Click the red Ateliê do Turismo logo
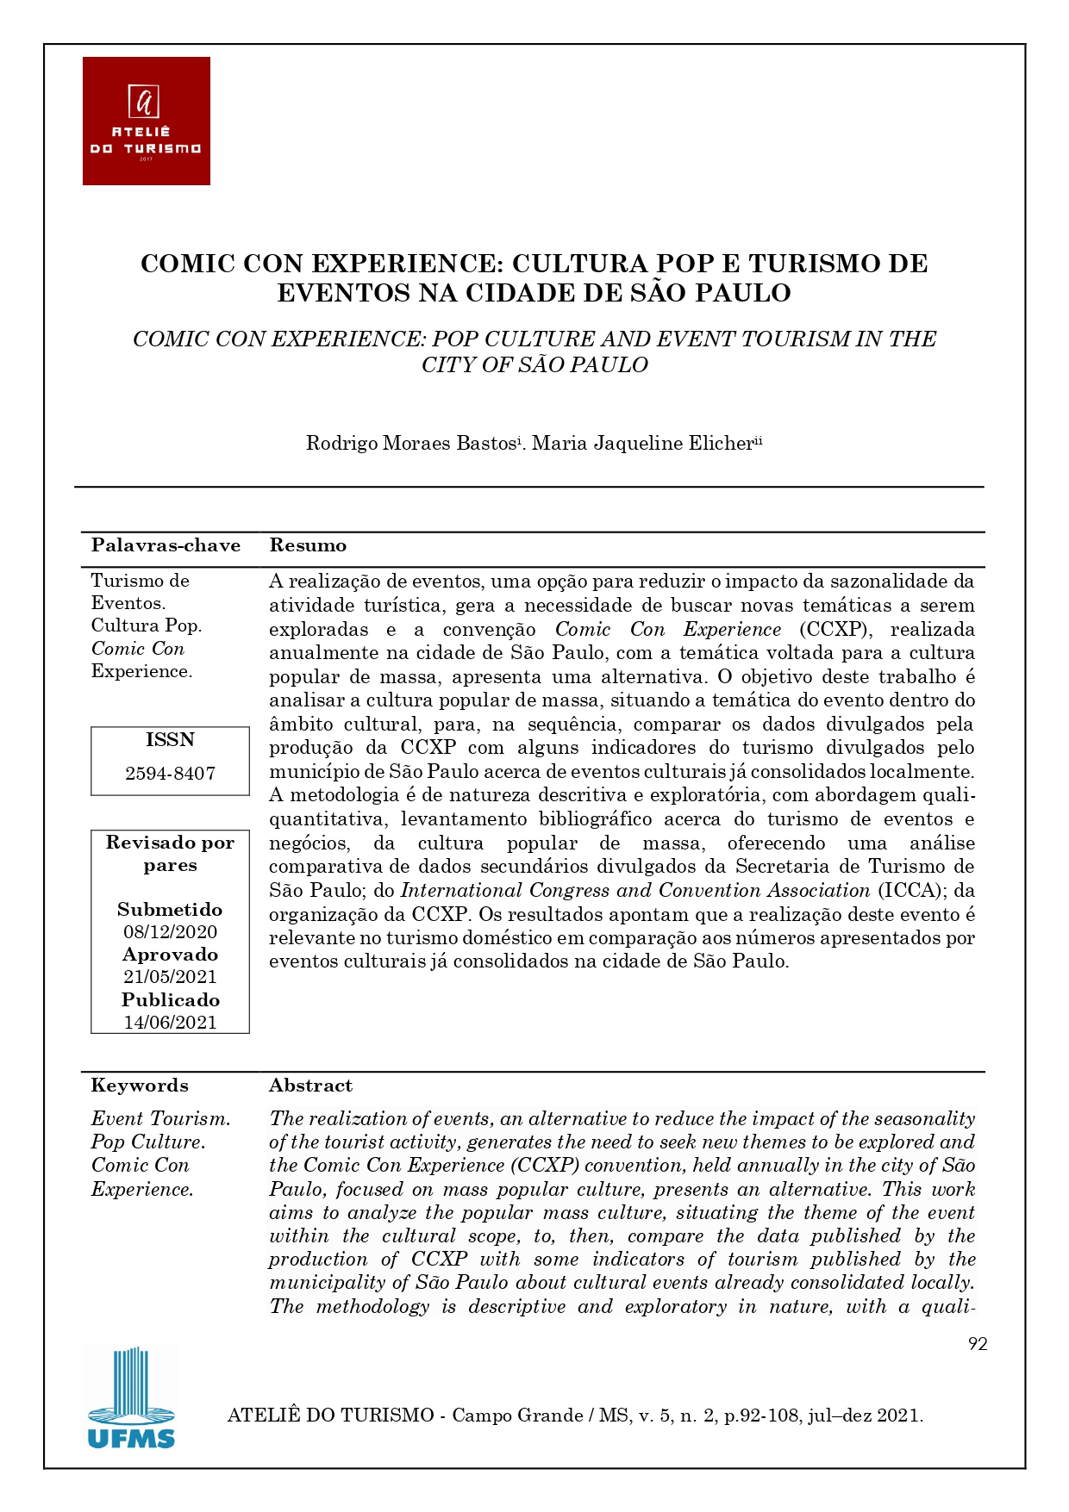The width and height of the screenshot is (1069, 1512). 147,121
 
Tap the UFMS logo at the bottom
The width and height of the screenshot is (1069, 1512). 131,1397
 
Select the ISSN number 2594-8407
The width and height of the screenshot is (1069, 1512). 170,773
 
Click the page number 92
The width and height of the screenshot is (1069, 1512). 978,1344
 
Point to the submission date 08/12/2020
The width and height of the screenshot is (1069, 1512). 170,931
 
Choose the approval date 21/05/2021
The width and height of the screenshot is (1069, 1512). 170,976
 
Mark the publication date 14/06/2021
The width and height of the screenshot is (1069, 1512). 170,1022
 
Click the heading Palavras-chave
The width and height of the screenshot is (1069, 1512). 166,544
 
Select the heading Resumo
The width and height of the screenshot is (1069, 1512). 308,544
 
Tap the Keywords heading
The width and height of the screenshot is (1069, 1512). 140,1085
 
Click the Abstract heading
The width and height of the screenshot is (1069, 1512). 310,1085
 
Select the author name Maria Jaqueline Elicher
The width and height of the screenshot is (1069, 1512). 643,443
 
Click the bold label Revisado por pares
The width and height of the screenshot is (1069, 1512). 170,853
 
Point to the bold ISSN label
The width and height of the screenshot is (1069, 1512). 170,739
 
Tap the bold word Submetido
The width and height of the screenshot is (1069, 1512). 170,909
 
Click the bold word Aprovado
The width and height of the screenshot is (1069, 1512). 170,954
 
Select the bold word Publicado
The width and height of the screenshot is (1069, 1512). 170,999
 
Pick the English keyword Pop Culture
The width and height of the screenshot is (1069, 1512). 148,1142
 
